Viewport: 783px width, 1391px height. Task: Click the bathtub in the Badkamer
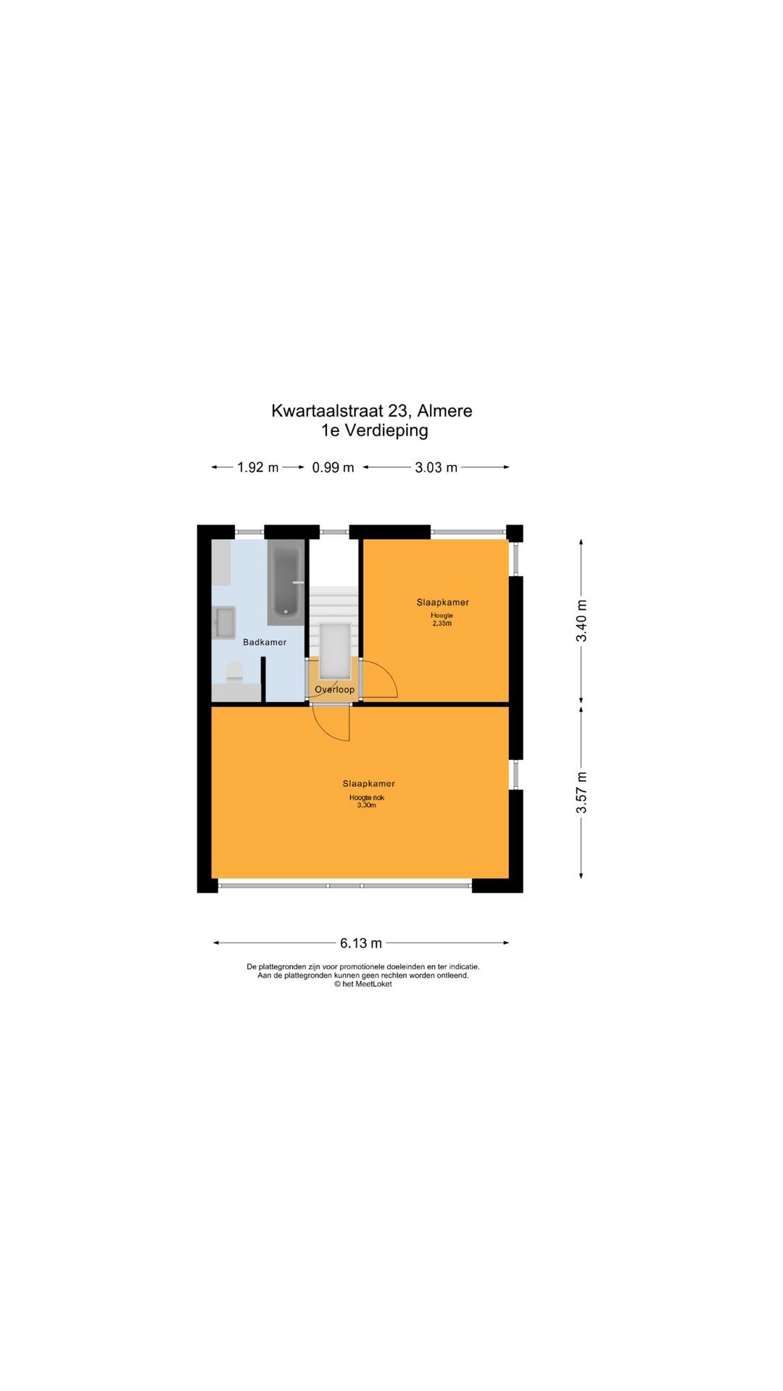(286, 582)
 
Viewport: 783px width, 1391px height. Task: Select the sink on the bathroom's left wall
(224, 622)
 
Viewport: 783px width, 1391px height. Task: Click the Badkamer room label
(265, 642)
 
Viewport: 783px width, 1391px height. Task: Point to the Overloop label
(335, 690)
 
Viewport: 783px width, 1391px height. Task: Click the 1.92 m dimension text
(258, 467)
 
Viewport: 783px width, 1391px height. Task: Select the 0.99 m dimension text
(333, 467)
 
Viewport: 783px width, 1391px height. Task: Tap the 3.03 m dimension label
(436, 467)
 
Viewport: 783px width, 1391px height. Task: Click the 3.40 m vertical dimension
(581, 621)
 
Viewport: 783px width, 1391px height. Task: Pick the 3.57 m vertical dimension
(581, 792)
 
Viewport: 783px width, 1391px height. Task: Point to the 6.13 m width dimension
(361, 943)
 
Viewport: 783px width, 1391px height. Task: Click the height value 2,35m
(442, 623)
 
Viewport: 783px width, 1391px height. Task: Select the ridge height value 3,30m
(367, 805)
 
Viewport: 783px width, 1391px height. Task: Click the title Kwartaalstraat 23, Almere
(372, 411)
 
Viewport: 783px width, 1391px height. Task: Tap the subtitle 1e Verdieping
(375, 430)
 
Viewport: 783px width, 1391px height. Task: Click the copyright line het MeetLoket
(362, 984)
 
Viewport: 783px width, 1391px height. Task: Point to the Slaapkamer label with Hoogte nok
(369, 783)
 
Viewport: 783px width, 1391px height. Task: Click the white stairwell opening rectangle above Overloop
(335, 649)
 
